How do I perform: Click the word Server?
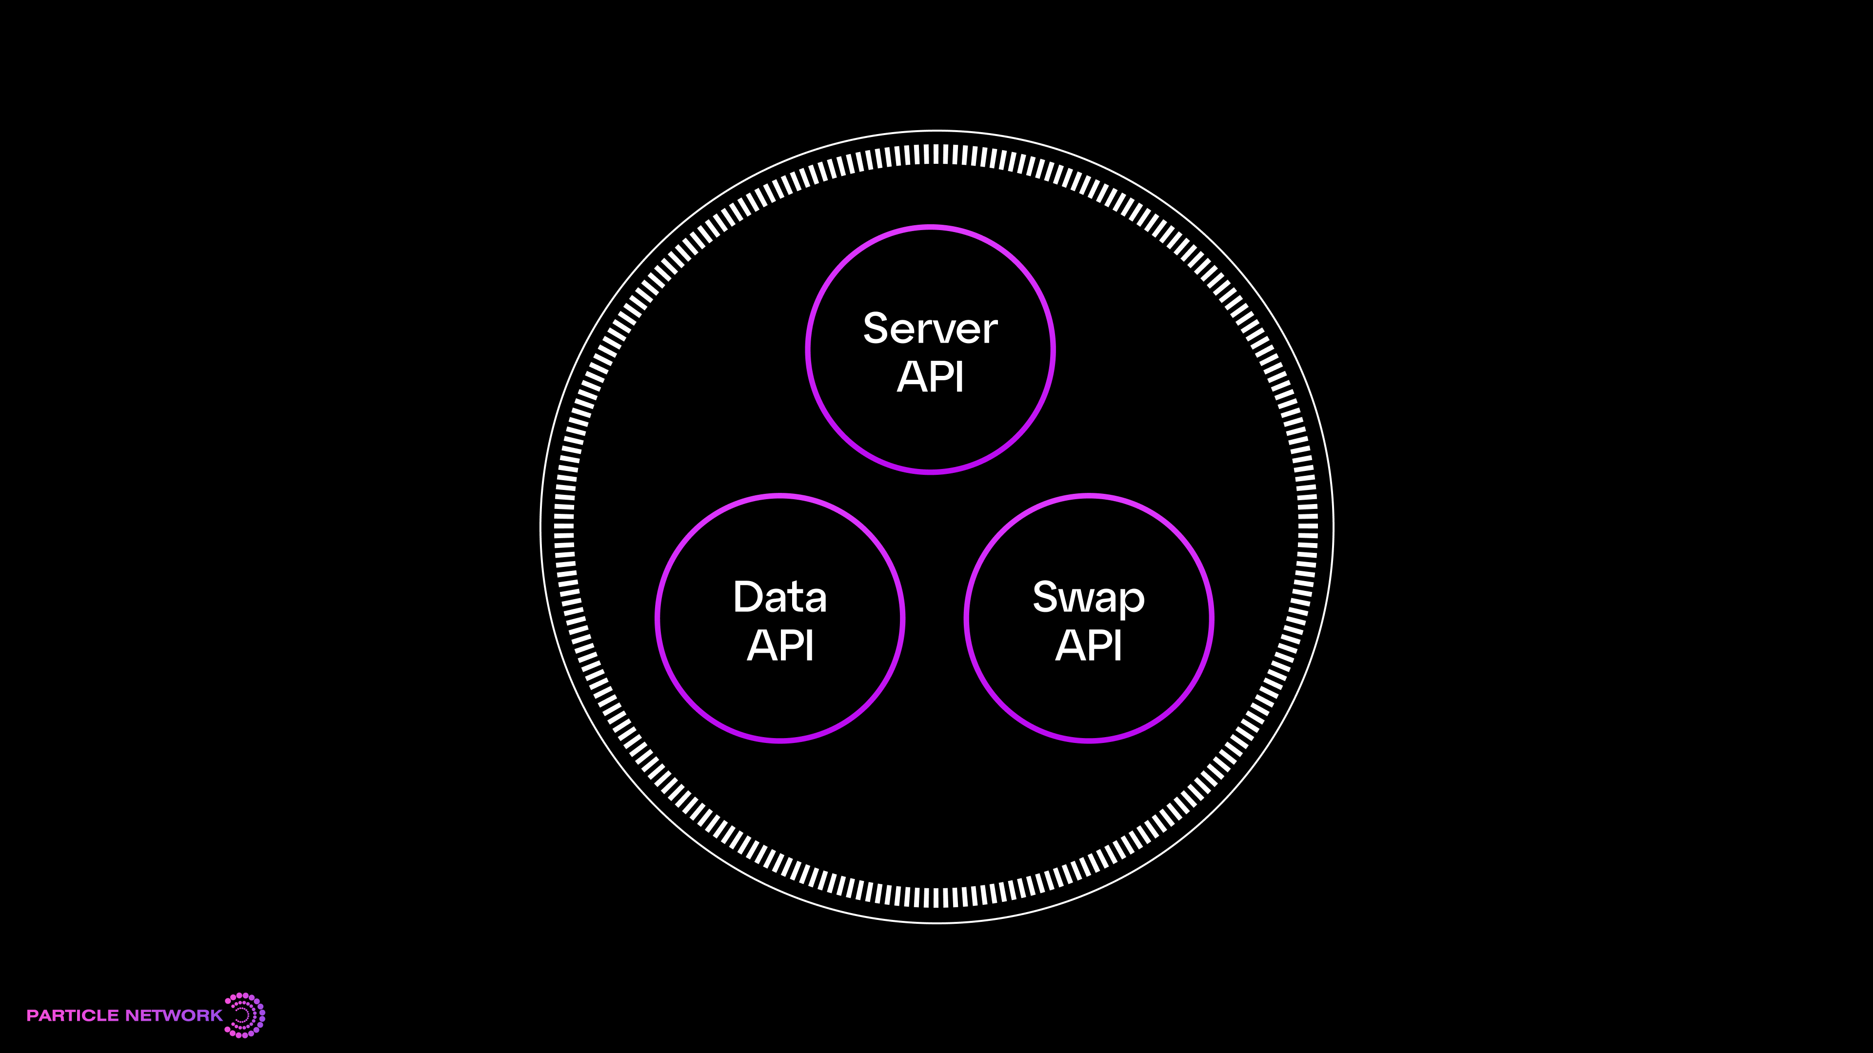[x=930, y=329]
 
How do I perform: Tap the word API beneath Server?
[x=930, y=377]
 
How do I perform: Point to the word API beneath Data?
[x=779, y=646]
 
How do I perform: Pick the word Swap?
[x=1089, y=599]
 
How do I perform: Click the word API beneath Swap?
[x=1089, y=646]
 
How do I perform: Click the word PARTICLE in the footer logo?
[x=72, y=1015]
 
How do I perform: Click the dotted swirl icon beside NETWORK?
[x=245, y=1014]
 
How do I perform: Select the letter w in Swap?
[x=1074, y=600]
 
